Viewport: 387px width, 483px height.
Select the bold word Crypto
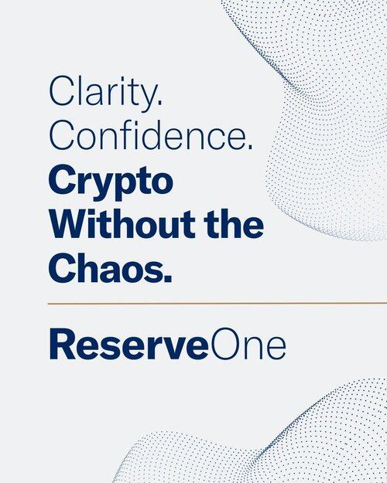(111, 182)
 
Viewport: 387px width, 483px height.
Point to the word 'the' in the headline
(234, 224)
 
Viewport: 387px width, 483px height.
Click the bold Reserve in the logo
(128, 344)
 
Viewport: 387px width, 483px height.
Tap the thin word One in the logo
(247, 344)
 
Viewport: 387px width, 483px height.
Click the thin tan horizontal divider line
(217, 304)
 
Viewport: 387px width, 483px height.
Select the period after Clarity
(159, 102)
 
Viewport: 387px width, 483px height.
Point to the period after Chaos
(168, 278)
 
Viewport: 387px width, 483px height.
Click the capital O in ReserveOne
(224, 344)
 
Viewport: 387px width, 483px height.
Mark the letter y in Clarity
(145, 98)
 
